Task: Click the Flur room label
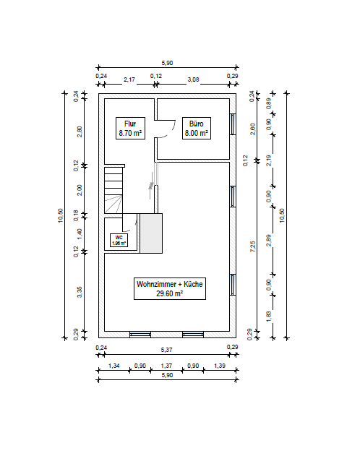pos(130,129)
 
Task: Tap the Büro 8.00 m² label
pos(197,129)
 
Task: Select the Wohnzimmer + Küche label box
pos(170,288)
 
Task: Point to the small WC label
pos(119,240)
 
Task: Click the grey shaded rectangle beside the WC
pos(151,233)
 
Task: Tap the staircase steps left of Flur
pos(113,190)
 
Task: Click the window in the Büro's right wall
pos(233,124)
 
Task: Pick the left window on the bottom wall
pos(140,335)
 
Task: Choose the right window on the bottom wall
pos(193,335)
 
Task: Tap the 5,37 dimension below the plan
pos(167,350)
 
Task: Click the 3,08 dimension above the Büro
pos(193,79)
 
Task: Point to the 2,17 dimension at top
pos(129,79)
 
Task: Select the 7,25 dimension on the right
pos(253,246)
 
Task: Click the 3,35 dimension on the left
pos(80,292)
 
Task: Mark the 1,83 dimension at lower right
pos(268,317)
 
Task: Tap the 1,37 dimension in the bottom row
pos(166,366)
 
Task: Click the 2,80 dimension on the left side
pos(80,132)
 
